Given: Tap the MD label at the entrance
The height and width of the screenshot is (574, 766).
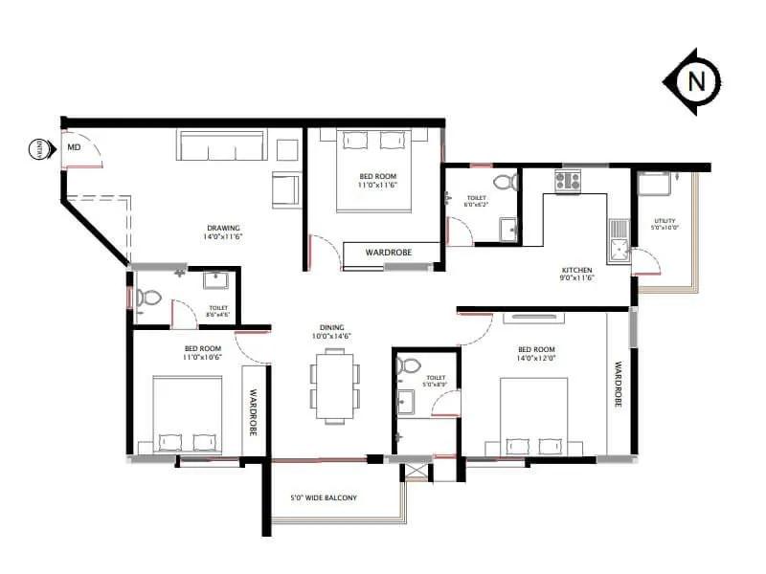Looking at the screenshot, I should (73, 148).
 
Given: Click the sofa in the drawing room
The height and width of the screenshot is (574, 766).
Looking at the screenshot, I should (221, 145).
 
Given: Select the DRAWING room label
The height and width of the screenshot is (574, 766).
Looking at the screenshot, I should (222, 228).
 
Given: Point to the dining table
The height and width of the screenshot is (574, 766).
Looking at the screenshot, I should (334, 386).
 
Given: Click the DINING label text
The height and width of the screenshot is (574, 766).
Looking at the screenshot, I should (332, 327).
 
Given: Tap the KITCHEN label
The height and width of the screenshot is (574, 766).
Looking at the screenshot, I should (576, 271).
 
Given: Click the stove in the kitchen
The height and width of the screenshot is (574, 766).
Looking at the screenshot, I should (568, 180).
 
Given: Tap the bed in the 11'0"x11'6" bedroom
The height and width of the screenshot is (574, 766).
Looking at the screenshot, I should (372, 172).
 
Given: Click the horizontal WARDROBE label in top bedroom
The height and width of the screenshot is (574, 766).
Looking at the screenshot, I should (390, 254).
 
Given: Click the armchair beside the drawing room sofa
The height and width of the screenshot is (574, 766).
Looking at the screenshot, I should (285, 189).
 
